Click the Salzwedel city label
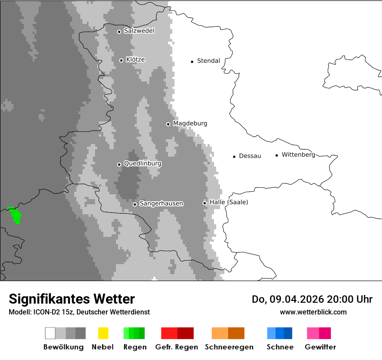tap(139, 31)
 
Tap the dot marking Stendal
tap(192, 62)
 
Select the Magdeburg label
tap(190, 124)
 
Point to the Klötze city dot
tap(121, 60)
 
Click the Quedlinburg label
tap(142, 164)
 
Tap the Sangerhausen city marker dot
tap(135, 204)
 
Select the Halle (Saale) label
tap(229, 202)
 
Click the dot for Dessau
tap(234, 157)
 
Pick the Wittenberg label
tap(298, 155)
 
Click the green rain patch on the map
tap(16, 215)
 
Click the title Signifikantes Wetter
tap(72, 299)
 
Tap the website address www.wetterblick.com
tap(313, 312)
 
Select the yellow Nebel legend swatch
tap(103, 333)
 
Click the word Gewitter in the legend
tap(320, 347)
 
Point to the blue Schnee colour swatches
tap(280, 333)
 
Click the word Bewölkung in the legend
tap(63, 347)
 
